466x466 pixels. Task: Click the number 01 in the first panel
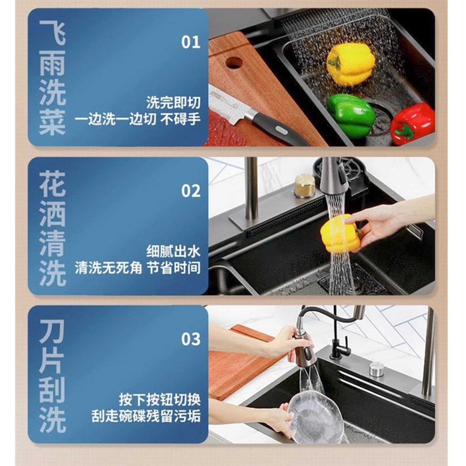pyautogui.click(x=191, y=42)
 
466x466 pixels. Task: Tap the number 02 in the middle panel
pyautogui.click(x=191, y=191)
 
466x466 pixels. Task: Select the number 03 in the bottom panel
pyautogui.click(x=191, y=339)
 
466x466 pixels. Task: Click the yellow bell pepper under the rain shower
pyautogui.click(x=350, y=63)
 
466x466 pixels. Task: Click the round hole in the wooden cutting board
pyautogui.click(x=234, y=62)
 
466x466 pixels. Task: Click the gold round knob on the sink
pyautogui.click(x=304, y=186)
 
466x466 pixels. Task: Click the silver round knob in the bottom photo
pyautogui.click(x=377, y=369)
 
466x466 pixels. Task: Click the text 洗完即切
pyautogui.click(x=173, y=103)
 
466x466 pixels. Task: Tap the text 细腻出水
pyautogui.click(x=173, y=251)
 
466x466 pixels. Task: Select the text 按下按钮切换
pyautogui.click(x=160, y=400)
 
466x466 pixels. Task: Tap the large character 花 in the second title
pyautogui.click(x=52, y=183)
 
